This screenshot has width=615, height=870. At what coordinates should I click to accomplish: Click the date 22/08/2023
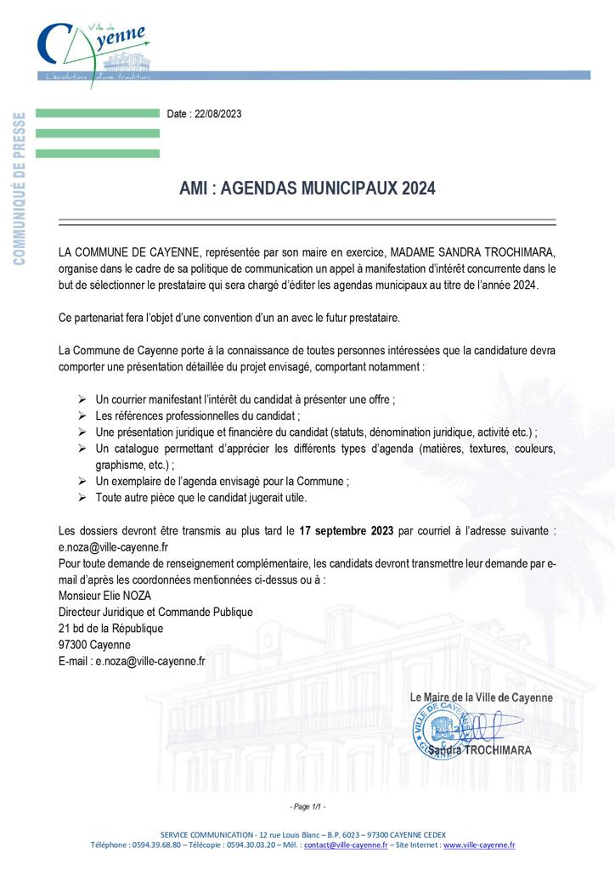pos(217,114)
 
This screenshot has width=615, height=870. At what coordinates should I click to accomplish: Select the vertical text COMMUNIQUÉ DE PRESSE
pos(20,187)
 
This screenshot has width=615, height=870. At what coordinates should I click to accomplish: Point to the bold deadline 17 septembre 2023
pos(346,531)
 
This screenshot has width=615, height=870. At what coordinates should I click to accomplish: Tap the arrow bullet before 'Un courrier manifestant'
pos(82,398)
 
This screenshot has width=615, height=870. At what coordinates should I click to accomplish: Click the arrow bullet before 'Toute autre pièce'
pos(82,497)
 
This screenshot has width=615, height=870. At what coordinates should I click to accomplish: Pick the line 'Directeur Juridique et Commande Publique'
pos(155,612)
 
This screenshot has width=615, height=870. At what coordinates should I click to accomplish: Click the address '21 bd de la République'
pos(110,628)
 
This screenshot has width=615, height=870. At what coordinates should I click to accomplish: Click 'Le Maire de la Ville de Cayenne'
pos(481,698)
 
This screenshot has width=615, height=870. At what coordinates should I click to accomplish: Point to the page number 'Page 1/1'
pos(307,806)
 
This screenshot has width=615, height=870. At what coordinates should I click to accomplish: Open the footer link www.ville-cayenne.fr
pos(478,845)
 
